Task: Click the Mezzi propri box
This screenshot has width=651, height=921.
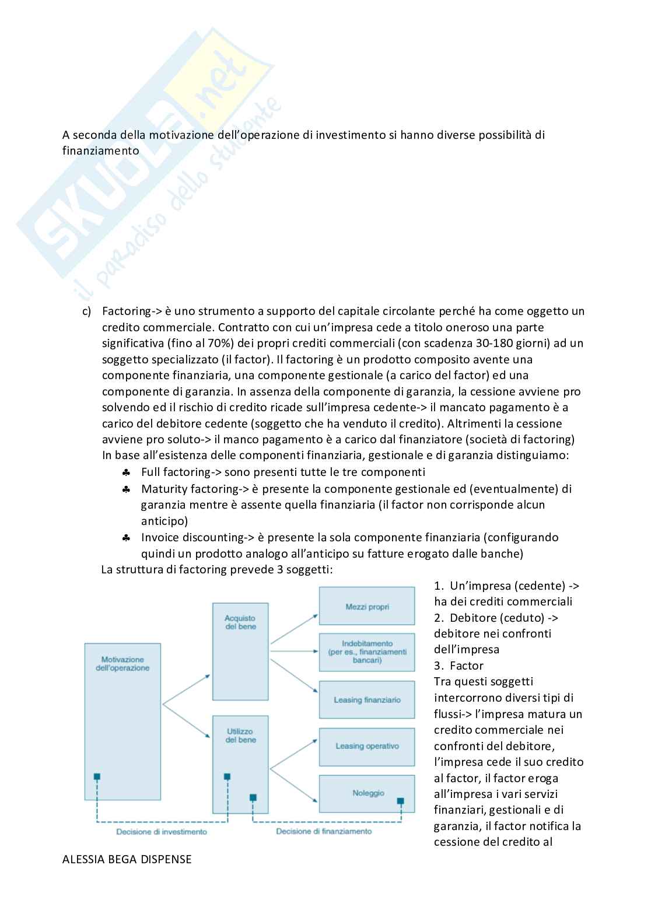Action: [x=367, y=607]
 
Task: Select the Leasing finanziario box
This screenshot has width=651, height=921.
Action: [x=367, y=700]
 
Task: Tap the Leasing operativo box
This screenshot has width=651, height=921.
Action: [x=367, y=747]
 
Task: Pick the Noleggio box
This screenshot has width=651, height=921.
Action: [x=367, y=793]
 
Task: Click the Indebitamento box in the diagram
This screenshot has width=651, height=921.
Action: [x=367, y=652]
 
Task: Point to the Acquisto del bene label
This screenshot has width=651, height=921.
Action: [x=240, y=622]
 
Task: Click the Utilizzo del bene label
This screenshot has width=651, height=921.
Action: [x=240, y=736]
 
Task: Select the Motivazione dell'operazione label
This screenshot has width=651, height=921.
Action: [x=123, y=664]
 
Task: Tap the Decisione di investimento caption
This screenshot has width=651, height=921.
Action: [x=162, y=832]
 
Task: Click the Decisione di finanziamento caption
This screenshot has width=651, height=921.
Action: [x=324, y=831]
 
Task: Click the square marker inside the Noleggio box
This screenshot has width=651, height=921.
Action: [x=401, y=800]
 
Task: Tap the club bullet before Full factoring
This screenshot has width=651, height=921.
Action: [x=126, y=472]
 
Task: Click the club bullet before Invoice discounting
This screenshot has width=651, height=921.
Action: [x=126, y=538]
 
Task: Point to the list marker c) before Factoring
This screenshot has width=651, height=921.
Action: [x=86, y=311]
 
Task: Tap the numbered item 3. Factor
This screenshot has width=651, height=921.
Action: [x=459, y=666]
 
